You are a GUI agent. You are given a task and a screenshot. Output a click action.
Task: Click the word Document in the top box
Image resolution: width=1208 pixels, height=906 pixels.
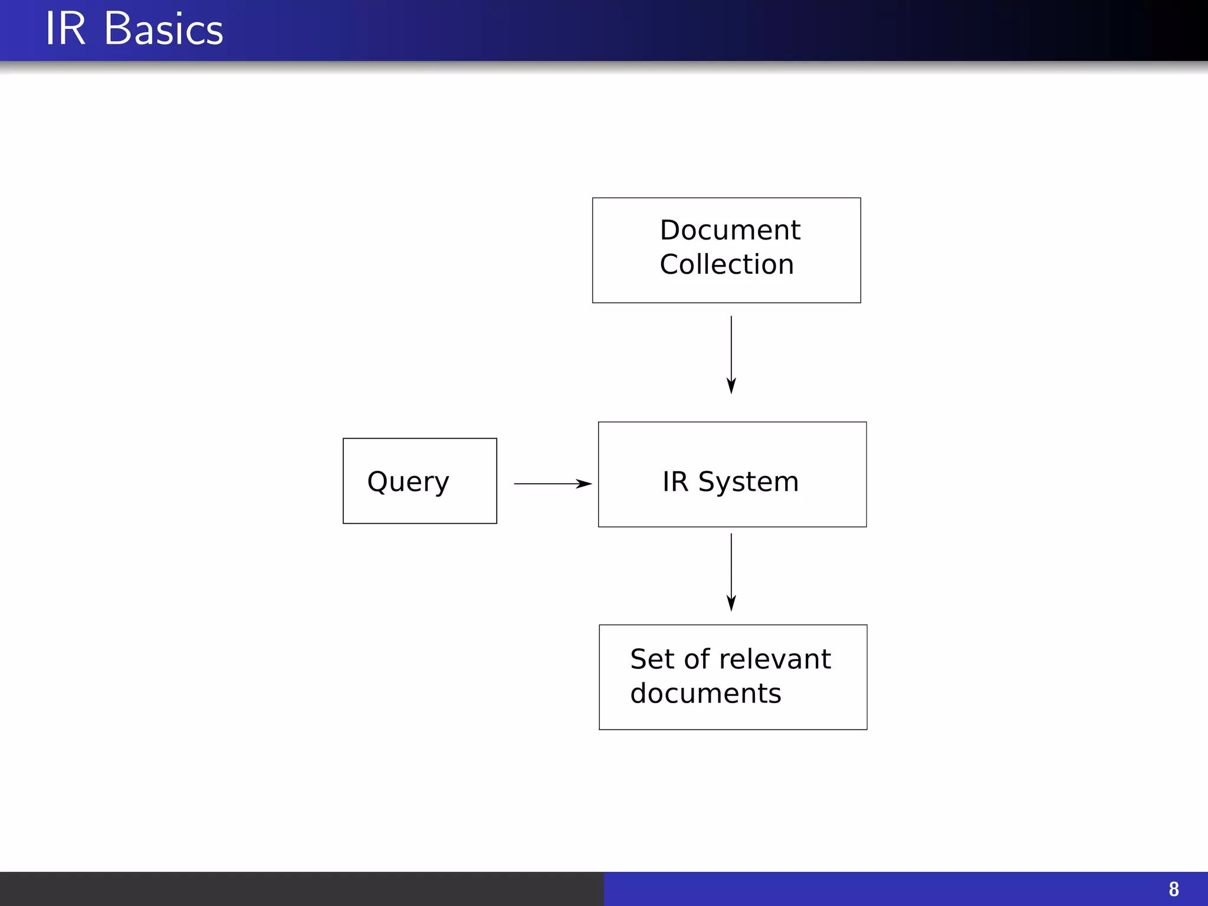[730, 230]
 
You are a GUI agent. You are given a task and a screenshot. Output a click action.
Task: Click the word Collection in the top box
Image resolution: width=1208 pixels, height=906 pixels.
[727, 264]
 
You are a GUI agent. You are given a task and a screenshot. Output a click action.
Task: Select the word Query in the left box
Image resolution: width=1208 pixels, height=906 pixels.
[408, 482]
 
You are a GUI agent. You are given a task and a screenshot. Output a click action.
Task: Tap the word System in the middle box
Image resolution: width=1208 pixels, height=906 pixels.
[748, 482]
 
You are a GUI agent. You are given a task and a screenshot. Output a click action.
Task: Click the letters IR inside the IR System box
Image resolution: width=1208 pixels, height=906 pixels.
[675, 481]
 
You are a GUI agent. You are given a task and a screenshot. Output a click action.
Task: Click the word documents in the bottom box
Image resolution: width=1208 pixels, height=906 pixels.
[705, 693]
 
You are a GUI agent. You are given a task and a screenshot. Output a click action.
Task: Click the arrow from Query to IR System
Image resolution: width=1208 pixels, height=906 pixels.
[549, 484]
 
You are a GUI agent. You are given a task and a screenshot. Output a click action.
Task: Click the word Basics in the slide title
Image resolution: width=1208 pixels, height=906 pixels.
[163, 29]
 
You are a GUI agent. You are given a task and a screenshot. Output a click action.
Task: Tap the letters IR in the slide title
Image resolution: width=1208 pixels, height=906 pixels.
[65, 29]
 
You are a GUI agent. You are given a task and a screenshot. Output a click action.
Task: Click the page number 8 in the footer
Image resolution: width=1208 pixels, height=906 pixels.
[1174, 889]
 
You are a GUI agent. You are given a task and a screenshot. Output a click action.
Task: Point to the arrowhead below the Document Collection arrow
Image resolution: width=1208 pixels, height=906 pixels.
[731, 386]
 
